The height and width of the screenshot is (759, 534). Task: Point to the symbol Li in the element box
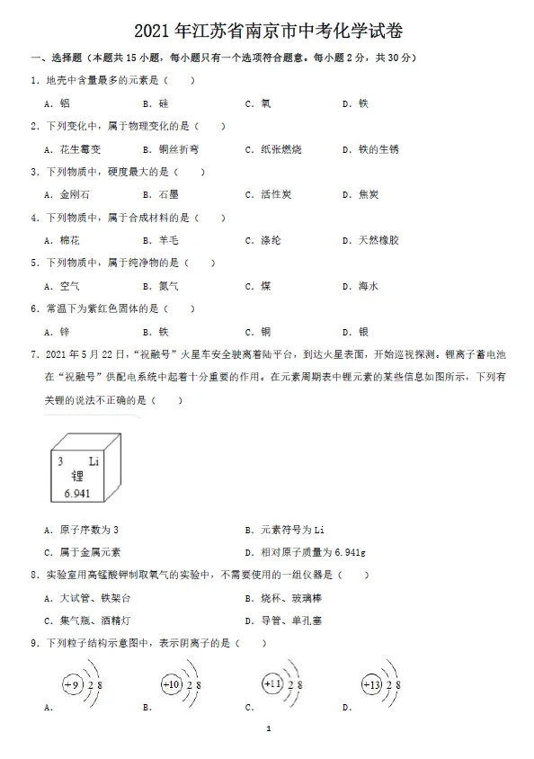tap(93, 462)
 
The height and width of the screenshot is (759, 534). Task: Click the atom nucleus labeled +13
tap(371, 685)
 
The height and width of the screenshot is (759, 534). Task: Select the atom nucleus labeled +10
tap(171, 685)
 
